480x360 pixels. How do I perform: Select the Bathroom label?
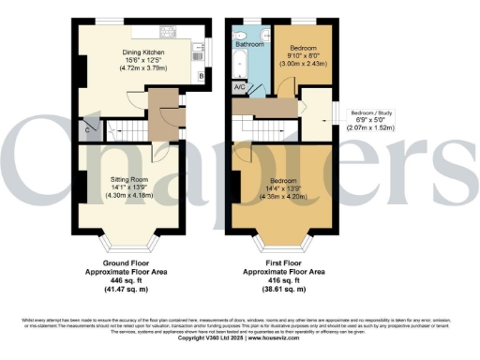(248, 44)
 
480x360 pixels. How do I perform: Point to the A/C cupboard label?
(240, 87)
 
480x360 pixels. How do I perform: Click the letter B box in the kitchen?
(202, 75)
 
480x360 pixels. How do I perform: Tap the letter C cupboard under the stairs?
(88, 130)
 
